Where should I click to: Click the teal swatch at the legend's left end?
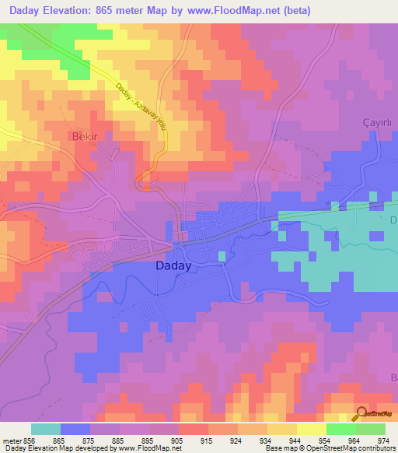pos(46,429)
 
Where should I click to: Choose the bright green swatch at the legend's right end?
pos(370,429)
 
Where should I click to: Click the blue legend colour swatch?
pos(75,429)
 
